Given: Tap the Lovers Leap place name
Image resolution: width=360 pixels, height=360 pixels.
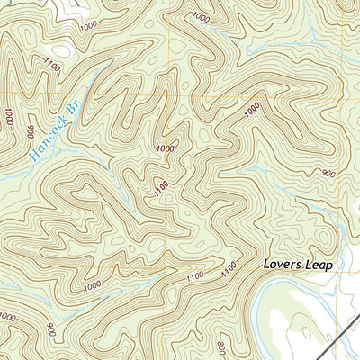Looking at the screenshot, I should (298, 265).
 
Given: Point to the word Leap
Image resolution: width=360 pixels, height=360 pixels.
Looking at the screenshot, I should (319, 265).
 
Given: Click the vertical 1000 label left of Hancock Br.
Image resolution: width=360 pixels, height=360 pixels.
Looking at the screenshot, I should (8, 117).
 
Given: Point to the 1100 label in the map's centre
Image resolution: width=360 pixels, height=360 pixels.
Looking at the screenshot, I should (162, 190).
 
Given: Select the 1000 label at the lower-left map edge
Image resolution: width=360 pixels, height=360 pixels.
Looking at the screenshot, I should (7, 317).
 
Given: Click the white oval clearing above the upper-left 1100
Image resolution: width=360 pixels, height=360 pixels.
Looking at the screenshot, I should (59, 51).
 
